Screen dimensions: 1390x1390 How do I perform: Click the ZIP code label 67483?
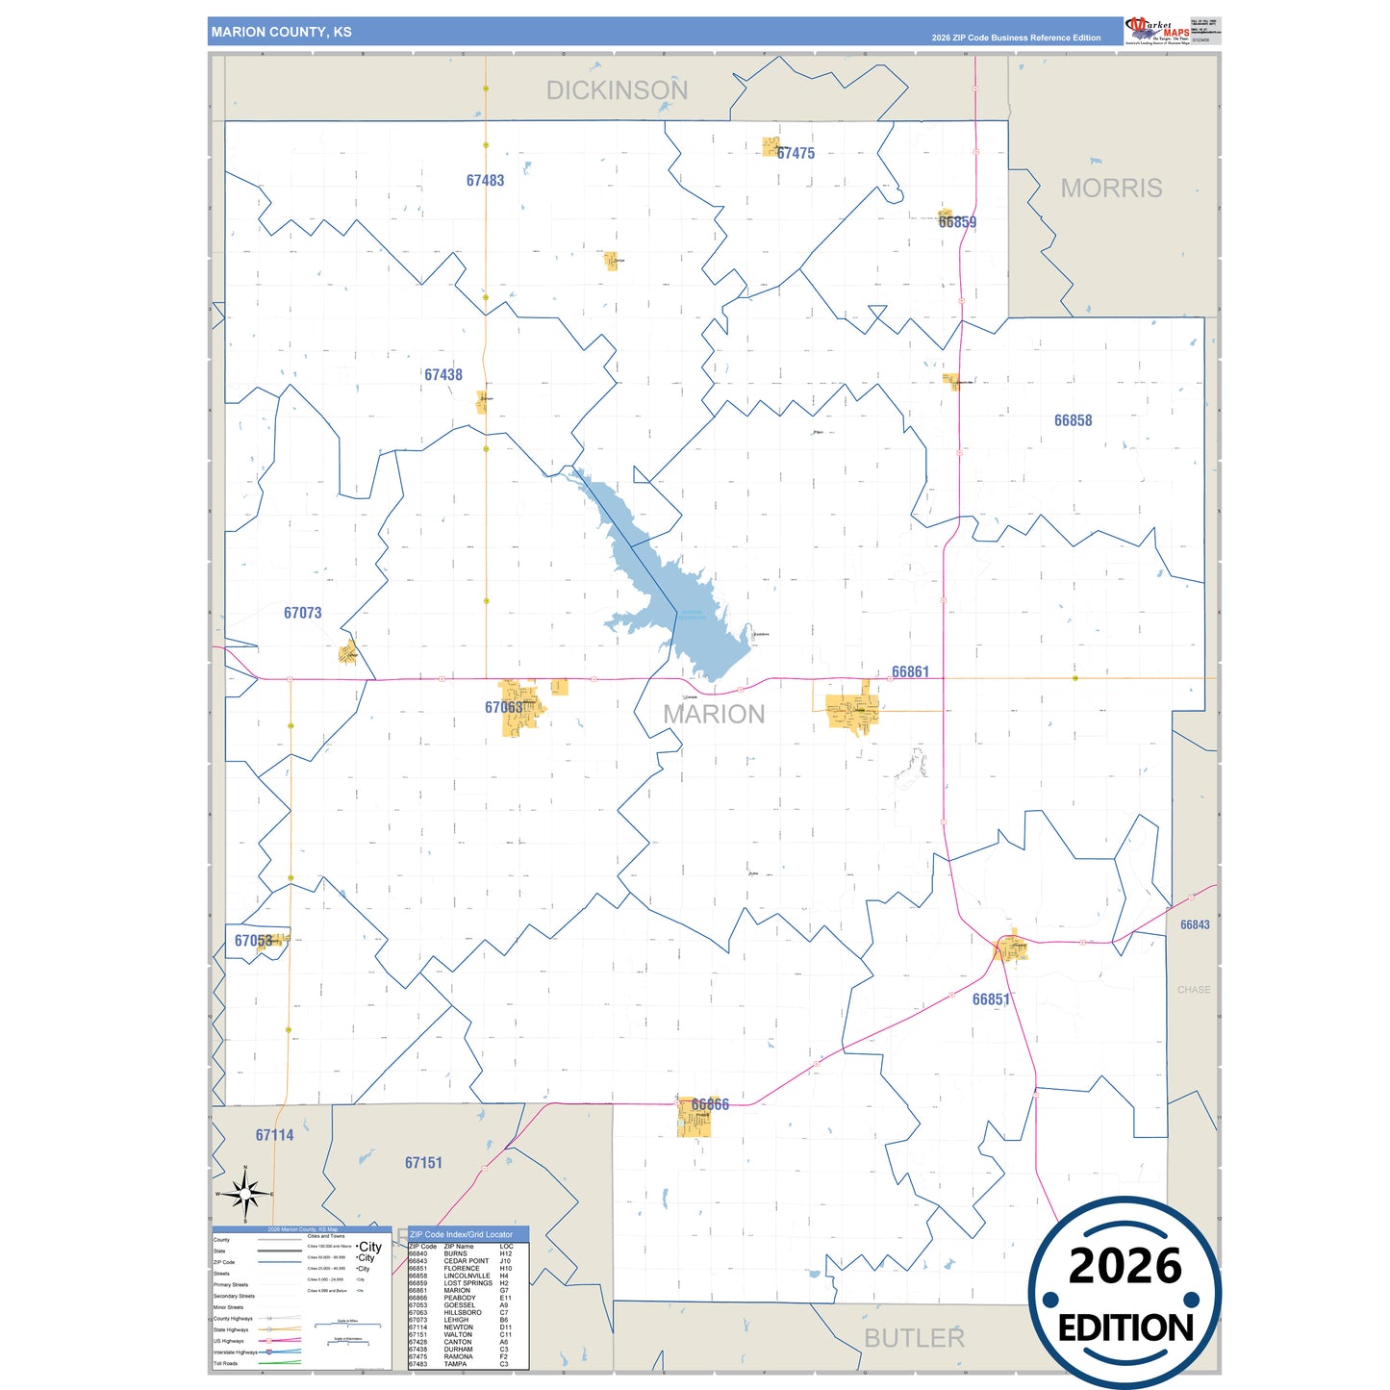485,181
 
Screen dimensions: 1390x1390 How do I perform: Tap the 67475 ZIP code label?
796,154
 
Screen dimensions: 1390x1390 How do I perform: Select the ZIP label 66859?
957,222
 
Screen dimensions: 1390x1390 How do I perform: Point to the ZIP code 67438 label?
443,375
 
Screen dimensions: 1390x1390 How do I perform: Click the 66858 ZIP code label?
1073,420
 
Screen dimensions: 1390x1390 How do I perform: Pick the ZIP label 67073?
302,613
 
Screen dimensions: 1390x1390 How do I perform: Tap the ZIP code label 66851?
991,999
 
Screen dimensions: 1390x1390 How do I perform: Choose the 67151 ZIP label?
423,1163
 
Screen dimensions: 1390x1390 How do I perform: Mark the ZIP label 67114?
274,1135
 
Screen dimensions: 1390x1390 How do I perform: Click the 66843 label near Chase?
1195,924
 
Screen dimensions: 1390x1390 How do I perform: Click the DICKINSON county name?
617,90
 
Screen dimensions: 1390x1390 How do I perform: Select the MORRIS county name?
1111,189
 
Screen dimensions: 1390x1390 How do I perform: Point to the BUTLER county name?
913,1338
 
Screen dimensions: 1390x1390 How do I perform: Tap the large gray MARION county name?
714,714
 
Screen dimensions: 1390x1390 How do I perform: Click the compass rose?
245,1195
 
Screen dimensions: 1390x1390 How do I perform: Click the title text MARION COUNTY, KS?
281,32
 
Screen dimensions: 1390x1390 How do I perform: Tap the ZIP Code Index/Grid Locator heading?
461,1234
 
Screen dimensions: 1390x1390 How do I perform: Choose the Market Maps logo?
1158,30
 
